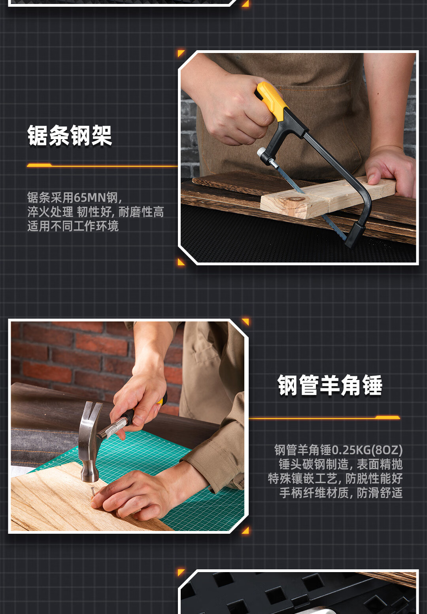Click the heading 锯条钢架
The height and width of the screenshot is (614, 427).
point(70,135)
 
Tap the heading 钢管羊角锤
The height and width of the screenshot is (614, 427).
point(330,385)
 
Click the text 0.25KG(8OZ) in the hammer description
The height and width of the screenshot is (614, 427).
point(367,450)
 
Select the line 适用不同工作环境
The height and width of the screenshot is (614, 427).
point(73,226)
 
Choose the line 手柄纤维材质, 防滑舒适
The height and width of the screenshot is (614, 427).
point(341,493)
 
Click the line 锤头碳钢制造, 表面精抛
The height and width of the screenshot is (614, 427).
point(341,464)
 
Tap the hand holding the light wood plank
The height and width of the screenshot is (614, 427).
point(390,170)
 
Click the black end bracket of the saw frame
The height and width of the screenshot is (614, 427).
point(355,234)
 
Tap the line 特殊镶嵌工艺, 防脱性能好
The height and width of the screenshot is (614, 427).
point(335,478)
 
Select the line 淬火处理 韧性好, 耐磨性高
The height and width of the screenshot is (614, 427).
point(95,212)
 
